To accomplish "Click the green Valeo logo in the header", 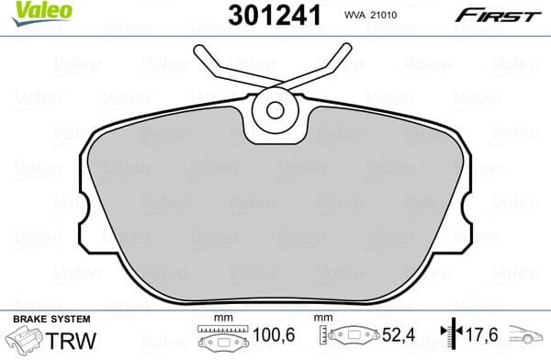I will pyautogui.click(x=28, y=12).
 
